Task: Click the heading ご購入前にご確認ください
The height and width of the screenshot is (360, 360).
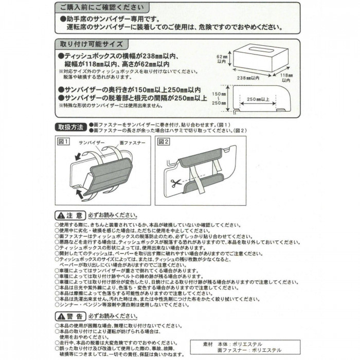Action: pos(102,8)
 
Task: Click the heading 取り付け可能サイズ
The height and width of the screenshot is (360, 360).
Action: pos(91,45)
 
